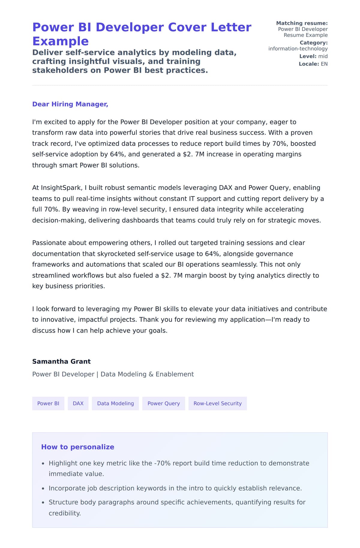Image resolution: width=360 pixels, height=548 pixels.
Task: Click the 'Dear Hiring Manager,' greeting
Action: (x=70, y=104)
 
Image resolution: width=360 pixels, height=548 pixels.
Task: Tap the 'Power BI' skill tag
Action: (x=48, y=404)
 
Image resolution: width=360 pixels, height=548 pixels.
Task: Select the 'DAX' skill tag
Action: (x=78, y=404)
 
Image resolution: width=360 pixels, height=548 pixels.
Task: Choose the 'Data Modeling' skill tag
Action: (x=115, y=404)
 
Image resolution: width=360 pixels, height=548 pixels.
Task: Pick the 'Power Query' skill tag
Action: (x=163, y=404)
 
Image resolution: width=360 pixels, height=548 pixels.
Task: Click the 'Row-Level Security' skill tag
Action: (x=217, y=404)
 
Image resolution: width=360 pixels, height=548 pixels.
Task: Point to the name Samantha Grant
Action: (x=61, y=362)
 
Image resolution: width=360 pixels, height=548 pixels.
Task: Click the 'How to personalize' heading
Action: (x=77, y=447)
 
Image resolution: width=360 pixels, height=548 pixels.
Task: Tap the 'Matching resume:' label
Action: (x=301, y=23)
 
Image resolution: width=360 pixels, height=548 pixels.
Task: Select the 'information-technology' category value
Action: (x=298, y=49)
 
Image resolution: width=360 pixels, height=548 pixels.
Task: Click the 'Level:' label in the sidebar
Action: (x=307, y=56)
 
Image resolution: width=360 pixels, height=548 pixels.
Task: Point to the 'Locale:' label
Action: (x=309, y=64)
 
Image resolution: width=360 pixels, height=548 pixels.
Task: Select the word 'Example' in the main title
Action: (x=60, y=41)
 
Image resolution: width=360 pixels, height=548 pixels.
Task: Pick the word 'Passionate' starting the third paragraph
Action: (x=49, y=243)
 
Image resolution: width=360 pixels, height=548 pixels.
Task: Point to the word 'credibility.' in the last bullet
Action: (x=65, y=513)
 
